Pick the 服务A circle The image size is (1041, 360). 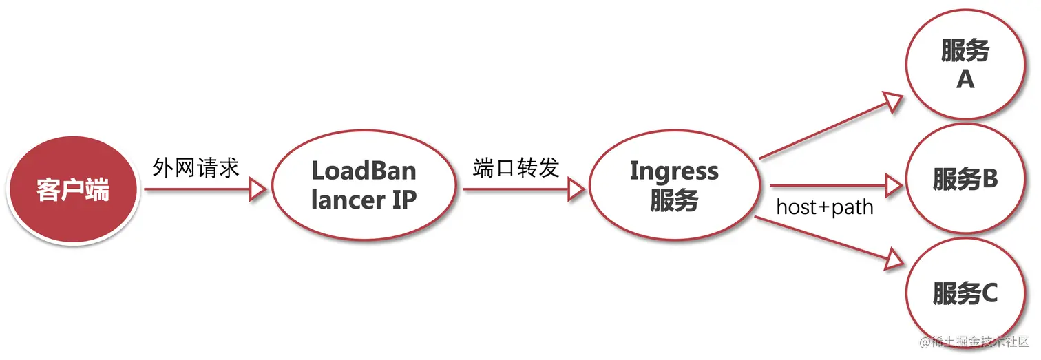point(965,65)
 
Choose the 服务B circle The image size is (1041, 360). point(965,180)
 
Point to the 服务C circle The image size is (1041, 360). point(965,295)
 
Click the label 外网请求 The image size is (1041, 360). point(196,167)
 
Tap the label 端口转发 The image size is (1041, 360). point(516,167)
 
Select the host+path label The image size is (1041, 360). point(825,207)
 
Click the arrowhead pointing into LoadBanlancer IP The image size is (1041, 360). point(257,189)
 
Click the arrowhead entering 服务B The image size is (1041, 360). point(893,184)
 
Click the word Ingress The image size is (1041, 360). point(674,171)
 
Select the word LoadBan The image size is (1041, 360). point(364,171)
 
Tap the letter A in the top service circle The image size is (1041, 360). point(965,81)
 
